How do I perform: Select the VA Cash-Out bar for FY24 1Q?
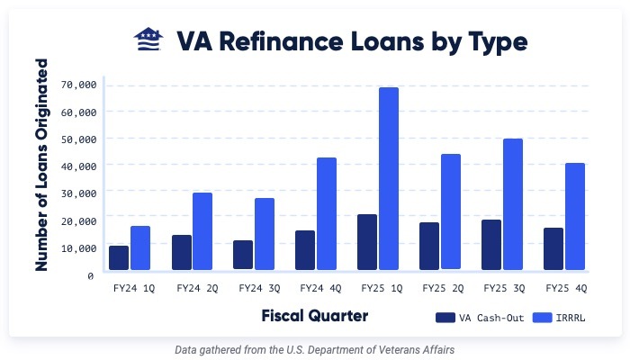click(x=119, y=257)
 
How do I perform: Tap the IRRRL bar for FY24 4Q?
click(x=326, y=213)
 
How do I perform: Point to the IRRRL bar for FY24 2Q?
click(x=202, y=230)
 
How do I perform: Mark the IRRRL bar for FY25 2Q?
click(x=451, y=211)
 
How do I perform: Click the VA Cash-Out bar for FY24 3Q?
click(x=243, y=255)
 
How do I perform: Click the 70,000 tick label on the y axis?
click(x=78, y=85)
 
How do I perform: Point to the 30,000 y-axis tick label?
click(x=78, y=193)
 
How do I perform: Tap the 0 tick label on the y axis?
click(x=92, y=274)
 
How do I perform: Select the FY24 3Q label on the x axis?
click(x=259, y=289)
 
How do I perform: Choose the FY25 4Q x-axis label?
click(x=567, y=289)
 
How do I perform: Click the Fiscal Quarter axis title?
click(x=314, y=316)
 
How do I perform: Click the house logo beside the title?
click(x=148, y=40)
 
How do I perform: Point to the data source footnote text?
click(x=314, y=348)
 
